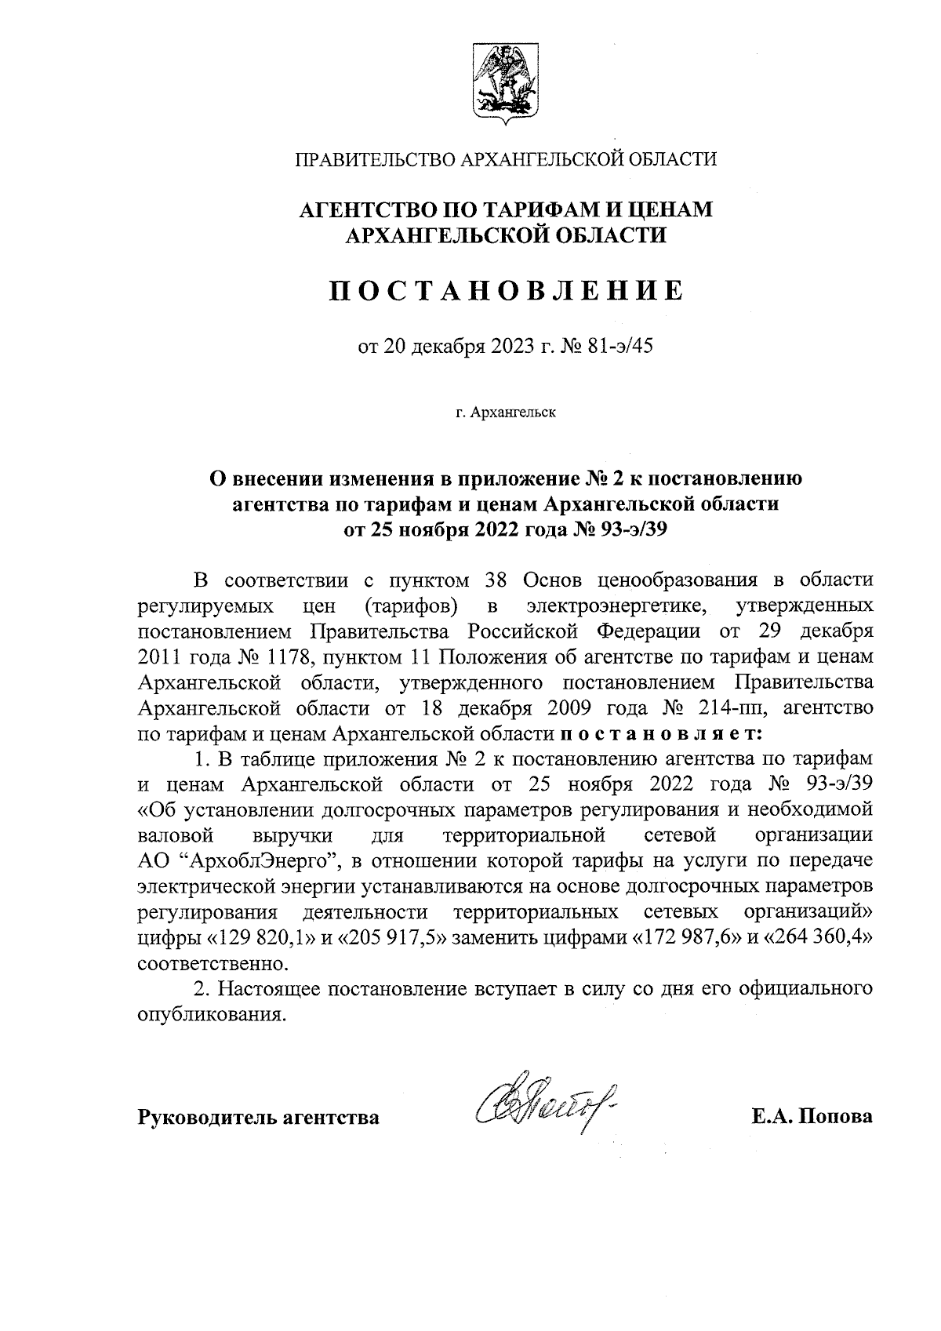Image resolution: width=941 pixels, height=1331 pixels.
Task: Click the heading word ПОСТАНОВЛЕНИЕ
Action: [x=506, y=291]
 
